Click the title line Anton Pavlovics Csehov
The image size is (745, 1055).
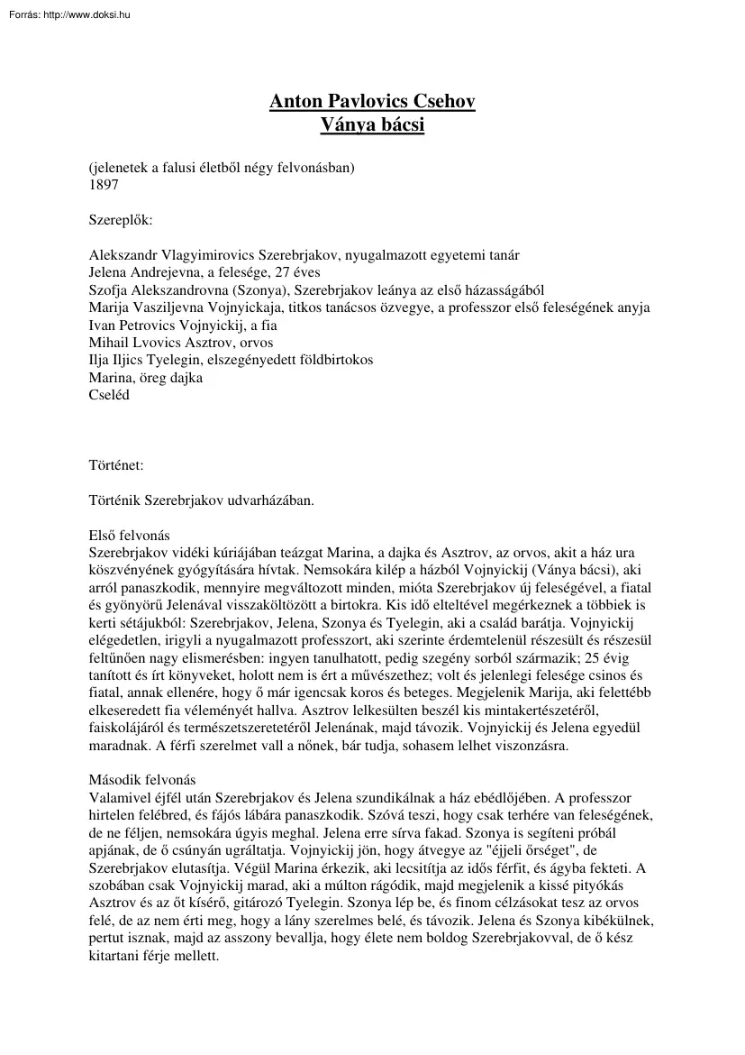pyautogui.click(x=372, y=102)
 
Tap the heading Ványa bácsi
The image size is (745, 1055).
pyautogui.click(x=372, y=125)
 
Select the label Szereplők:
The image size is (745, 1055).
pyautogui.click(x=121, y=219)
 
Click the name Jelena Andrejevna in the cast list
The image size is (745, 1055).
pyautogui.click(x=147, y=272)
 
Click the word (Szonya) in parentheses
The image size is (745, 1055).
pyautogui.click(x=270, y=290)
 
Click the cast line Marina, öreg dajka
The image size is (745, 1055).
pyautogui.click(x=145, y=378)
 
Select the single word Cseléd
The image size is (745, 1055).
pyautogui.click(x=108, y=395)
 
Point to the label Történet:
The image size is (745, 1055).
pyautogui.click(x=116, y=465)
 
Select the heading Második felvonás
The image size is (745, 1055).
pyautogui.click(x=141, y=782)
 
